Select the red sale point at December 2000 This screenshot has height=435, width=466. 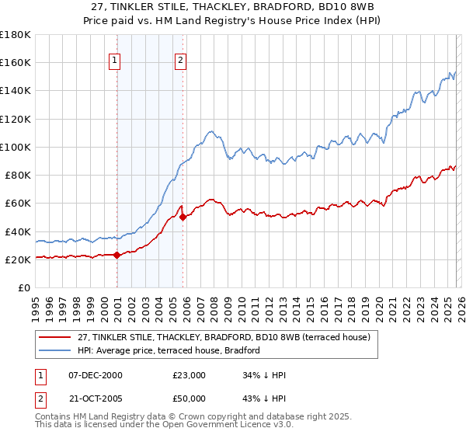(116, 255)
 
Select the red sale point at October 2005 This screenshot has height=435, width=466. (183, 217)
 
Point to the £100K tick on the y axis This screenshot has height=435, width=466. (16, 147)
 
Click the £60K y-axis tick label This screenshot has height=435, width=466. (18, 204)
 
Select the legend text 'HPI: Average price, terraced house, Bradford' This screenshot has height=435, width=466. (169, 351)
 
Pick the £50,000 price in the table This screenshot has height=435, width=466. (190, 398)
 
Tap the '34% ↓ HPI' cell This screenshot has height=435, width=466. (265, 375)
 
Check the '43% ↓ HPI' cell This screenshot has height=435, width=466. (265, 398)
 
